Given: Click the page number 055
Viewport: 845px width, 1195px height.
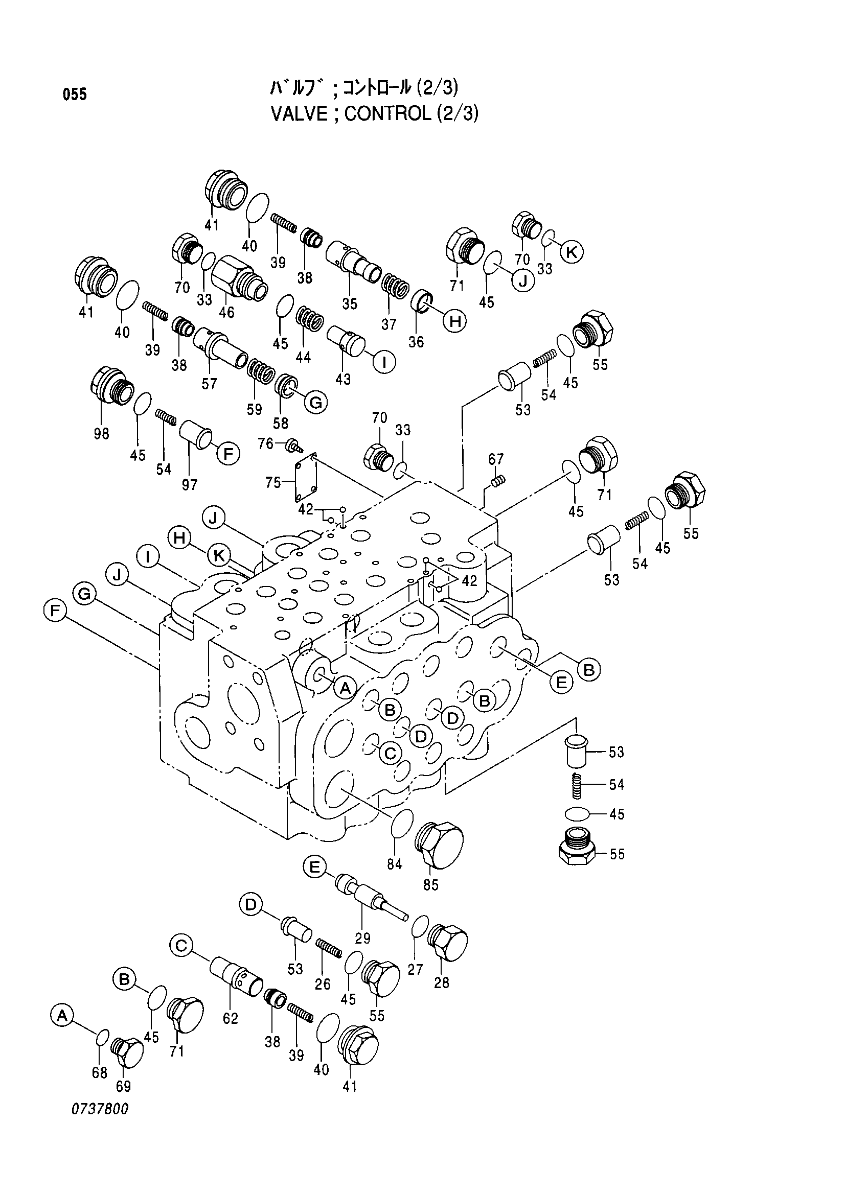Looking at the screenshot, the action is pos(75,95).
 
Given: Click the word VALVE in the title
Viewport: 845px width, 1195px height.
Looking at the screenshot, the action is pos(300,113).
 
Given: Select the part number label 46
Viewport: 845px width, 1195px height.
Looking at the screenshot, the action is pos(226,312).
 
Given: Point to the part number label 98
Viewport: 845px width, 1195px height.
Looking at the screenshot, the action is pos(102,433).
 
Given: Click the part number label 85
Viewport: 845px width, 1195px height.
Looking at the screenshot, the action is pos(431,884).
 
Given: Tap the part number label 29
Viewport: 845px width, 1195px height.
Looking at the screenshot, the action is pos(362,938).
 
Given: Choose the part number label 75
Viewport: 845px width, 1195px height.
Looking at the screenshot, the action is pos(273,482).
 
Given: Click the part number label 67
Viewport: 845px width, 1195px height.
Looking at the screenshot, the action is pos(496,459).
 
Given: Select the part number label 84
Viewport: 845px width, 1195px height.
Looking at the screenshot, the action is pos(395,864).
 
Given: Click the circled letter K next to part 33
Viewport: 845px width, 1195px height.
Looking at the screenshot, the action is pos(571,252).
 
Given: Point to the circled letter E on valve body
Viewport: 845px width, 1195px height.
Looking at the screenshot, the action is pos(561,682).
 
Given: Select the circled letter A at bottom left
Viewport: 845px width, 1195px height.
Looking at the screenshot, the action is pos(62,1015).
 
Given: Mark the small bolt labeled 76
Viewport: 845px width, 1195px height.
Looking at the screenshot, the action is pos(294,445).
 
